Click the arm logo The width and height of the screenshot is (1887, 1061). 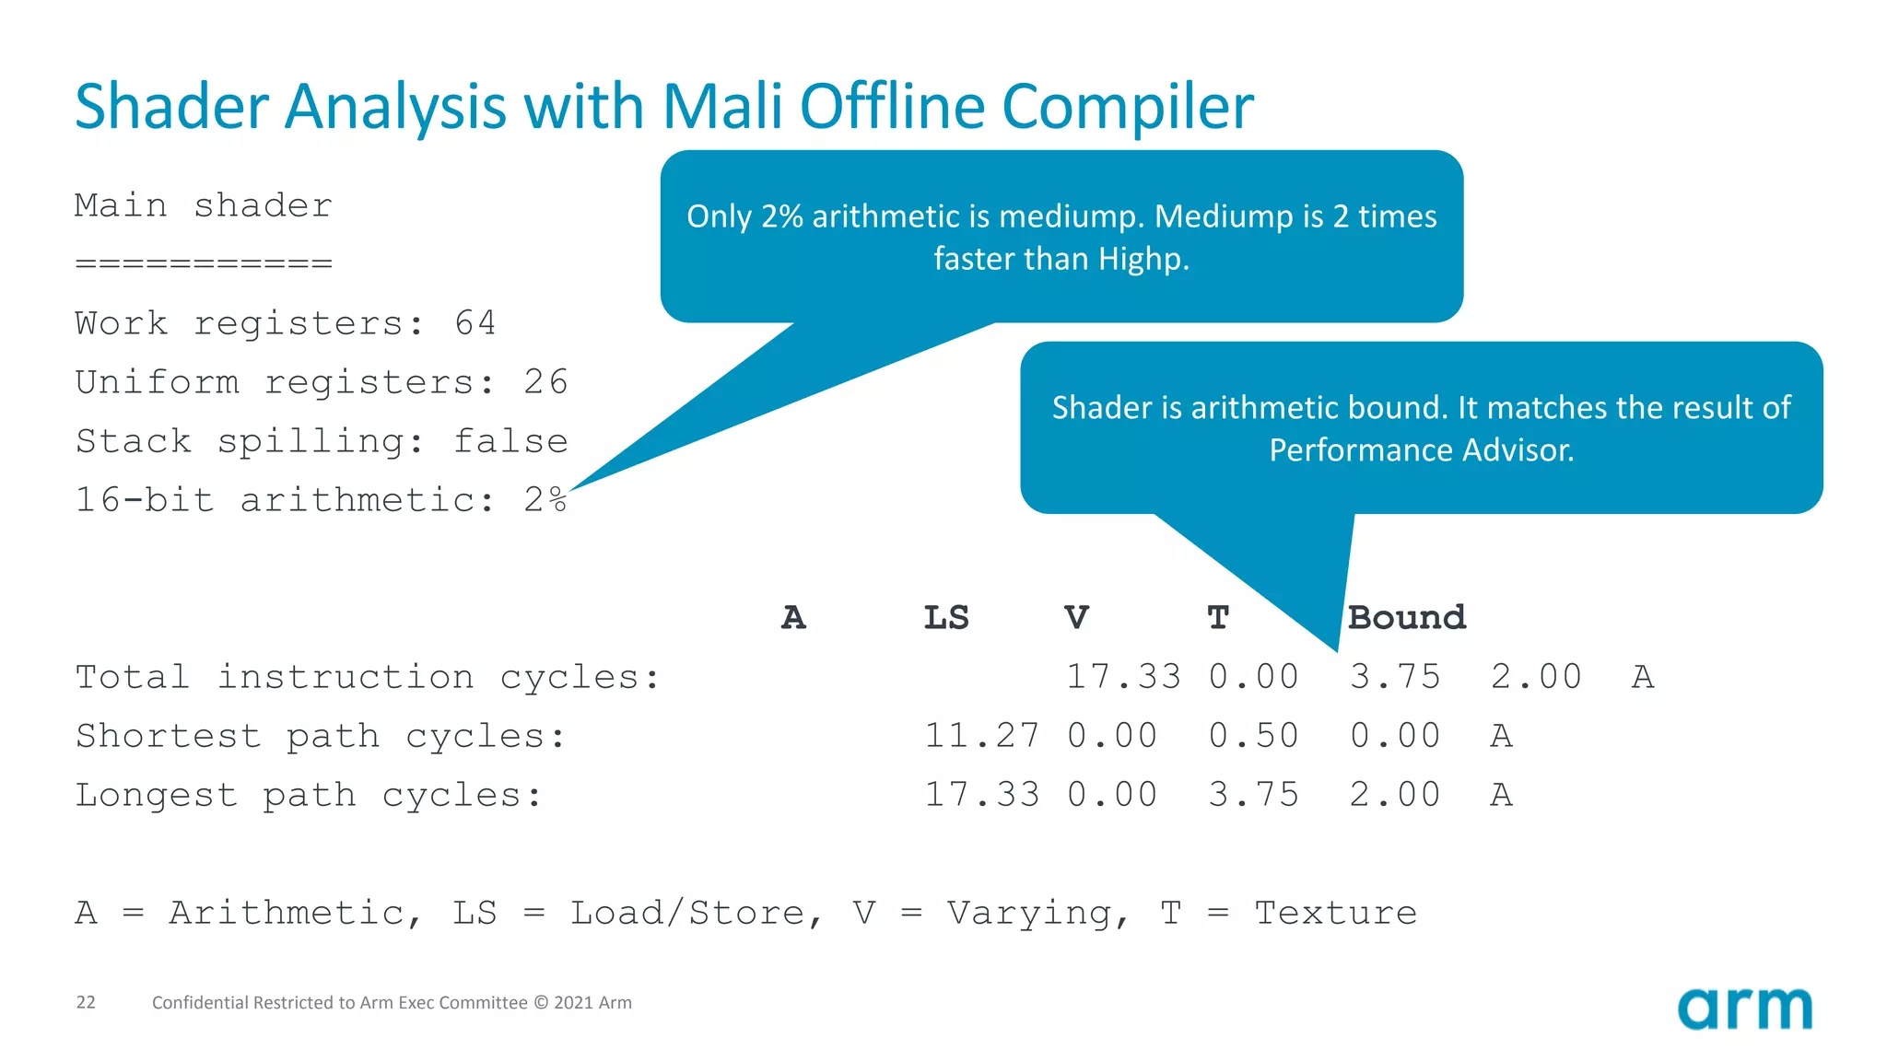pos(1744,1009)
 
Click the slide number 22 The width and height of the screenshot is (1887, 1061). pos(86,1002)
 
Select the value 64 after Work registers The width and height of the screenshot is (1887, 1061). pos(475,323)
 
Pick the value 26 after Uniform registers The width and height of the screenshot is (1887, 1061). pos(545,382)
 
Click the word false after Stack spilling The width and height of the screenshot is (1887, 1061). pos(510,441)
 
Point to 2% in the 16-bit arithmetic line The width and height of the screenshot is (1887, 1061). pos(545,500)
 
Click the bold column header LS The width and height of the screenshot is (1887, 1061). pos(946,618)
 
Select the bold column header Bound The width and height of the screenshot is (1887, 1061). pos(1406,618)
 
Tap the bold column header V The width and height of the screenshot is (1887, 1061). pos(1076,618)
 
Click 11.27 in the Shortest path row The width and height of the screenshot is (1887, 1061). pos(981,736)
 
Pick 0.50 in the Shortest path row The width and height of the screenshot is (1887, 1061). pos(1253,736)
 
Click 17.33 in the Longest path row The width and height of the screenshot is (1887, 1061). pos(981,795)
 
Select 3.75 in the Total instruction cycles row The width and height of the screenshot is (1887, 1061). pos(1395,677)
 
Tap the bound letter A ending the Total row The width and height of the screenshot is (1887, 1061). pos(1643,677)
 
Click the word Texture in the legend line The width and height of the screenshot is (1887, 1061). pos(1335,913)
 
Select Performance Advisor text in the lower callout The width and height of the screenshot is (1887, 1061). pos(1421,450)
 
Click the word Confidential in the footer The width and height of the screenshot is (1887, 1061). pos(200,1002)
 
